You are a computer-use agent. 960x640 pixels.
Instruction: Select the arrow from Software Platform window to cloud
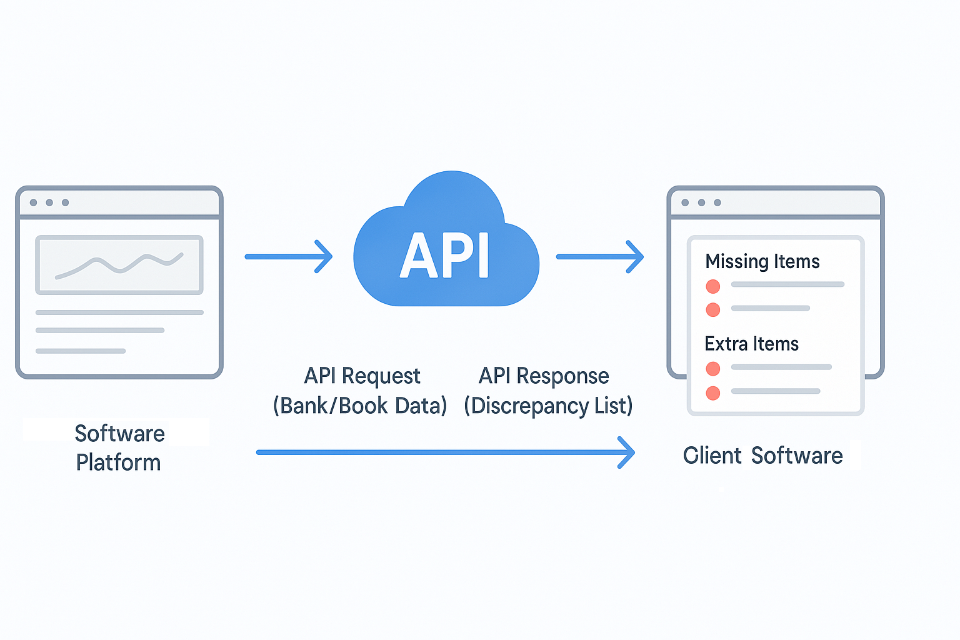pyautogui.click(x=288, y=256)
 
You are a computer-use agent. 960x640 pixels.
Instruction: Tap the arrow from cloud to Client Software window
pyautogui.click(x=599, y=256)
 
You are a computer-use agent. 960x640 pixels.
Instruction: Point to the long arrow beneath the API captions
pyautogui.click(x=445, y=452)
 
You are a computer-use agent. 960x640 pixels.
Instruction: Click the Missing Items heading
pyautogui.click(x=762, y=261)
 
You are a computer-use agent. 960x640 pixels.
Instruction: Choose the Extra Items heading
pyautogui.click(x=751, y=344)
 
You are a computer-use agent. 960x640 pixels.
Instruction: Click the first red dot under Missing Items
pyautogui.click(x=712, y=286)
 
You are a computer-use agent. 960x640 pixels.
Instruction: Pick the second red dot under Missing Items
pyautogui.click(x=712, y=309)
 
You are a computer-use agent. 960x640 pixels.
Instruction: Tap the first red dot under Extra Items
pyautogui.click(x=712, y=369)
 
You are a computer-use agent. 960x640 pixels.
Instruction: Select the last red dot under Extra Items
pyautogui.click(x=712, y=393)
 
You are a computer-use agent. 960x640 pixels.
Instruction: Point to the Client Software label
pyautogui.click(x=762, y=456)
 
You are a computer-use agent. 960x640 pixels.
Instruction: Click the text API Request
pyautogui.click(x=362, y=376)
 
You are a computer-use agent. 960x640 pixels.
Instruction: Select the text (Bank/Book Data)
pyautogui.click(x=360, y=406)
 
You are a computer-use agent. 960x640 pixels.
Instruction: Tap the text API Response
pyautogui.click(x=544, y=376)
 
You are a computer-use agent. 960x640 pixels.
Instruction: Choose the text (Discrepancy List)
pyautogui.click(x=548, y=406)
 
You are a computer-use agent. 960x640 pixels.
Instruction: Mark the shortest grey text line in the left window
pyautogui.click(x=81, y=351)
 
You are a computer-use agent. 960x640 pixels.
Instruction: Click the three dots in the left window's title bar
pyautogui.click(x=49, y=202)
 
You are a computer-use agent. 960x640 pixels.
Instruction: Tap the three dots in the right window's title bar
pyautogui.click(x=701, y=202)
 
